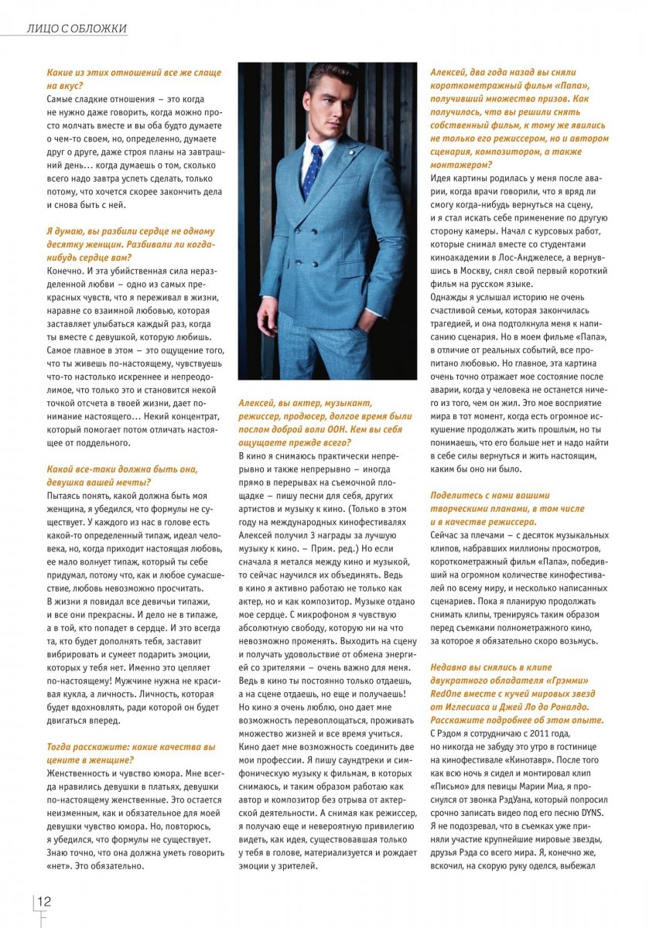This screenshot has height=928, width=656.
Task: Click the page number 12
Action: (x=44, y=902)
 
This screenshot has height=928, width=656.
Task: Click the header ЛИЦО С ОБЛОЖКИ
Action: (x=76, y=29)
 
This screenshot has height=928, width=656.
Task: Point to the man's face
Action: (x=325, y=104)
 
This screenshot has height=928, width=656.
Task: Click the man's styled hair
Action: (x=330, y=76)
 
